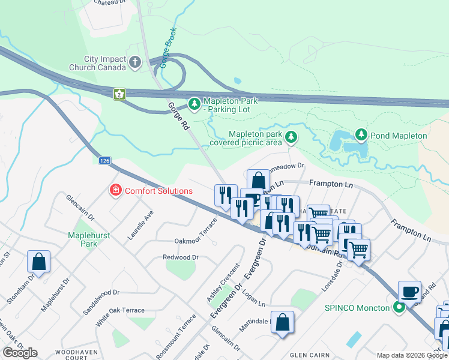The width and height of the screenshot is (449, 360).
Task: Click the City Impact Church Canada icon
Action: pyautogui.click(x=135, y=62)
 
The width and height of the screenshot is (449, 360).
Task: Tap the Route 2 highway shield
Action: pyautogui.click(x=120, y=94)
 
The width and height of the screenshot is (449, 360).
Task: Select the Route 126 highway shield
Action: pyautogui.click(x=105, y=161)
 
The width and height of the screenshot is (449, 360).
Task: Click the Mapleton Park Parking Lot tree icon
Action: pyautogui.click(x=194, y=105)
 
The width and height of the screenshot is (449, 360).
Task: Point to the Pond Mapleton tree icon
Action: pyautogui.click(x=361, y=135)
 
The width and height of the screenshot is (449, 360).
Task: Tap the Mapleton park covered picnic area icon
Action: pyautogui.click(x=291, y=138)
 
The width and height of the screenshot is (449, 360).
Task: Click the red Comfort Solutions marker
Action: pyautogui.click(x=114, y=191)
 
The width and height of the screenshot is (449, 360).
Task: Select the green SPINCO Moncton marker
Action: pyautogui.click(x=399, y=308)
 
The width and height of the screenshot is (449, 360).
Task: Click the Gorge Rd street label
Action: pyautogui.click(x=178, y=117)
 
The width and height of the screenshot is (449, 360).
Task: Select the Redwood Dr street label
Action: pyautogui.click(x=180, y=257)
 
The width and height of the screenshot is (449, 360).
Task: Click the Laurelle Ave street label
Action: pyautogui.click(x=140, y=225)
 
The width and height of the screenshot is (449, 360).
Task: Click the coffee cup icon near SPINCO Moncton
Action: pyautogui.click(x=409, y=291)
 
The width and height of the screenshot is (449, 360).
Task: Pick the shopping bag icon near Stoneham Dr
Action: pyautogui.click(x=38, y=262)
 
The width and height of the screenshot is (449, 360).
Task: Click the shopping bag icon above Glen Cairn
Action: pyautogui.click(x=282, y=322)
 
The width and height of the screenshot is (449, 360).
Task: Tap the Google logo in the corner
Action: pyautogui.click(x=20, y=353)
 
